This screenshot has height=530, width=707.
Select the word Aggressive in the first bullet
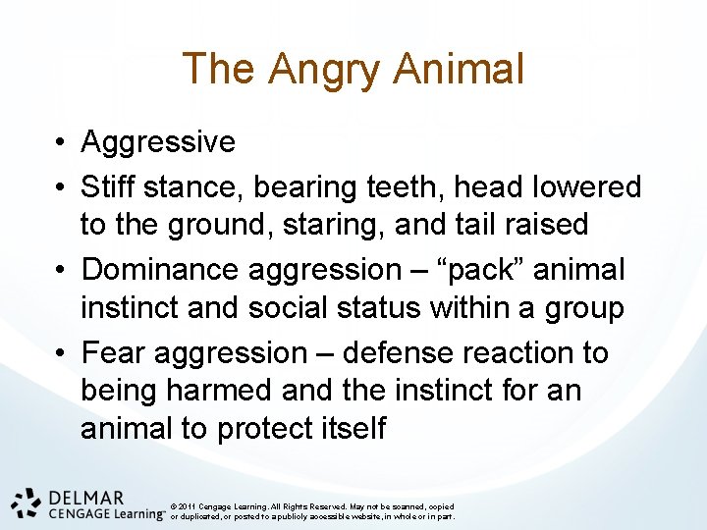[x=158, y=142]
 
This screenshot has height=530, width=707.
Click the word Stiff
[x=111, y=186]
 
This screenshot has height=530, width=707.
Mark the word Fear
[x=116, y=352]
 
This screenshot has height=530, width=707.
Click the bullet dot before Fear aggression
[x=61, y=353]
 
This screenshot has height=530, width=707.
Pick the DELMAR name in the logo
[x=82, y=498]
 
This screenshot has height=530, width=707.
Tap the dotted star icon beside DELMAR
[x=27, y=502]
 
